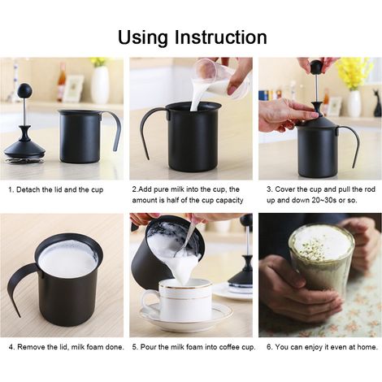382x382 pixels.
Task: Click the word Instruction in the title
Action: click(x=220, y=37)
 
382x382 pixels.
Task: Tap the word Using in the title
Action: click(x=143, y=37)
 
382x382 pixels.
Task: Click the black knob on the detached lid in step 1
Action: click(x=25, y=89)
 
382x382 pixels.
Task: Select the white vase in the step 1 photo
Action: click(x=100, y=85)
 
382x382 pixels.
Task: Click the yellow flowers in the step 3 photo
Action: click(x=354, y=72)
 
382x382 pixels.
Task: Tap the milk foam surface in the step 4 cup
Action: click(x=67, y=260)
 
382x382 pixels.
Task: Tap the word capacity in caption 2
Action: click(x=230, y=201)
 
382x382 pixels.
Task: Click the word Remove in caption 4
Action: click(x=30, y=347)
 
